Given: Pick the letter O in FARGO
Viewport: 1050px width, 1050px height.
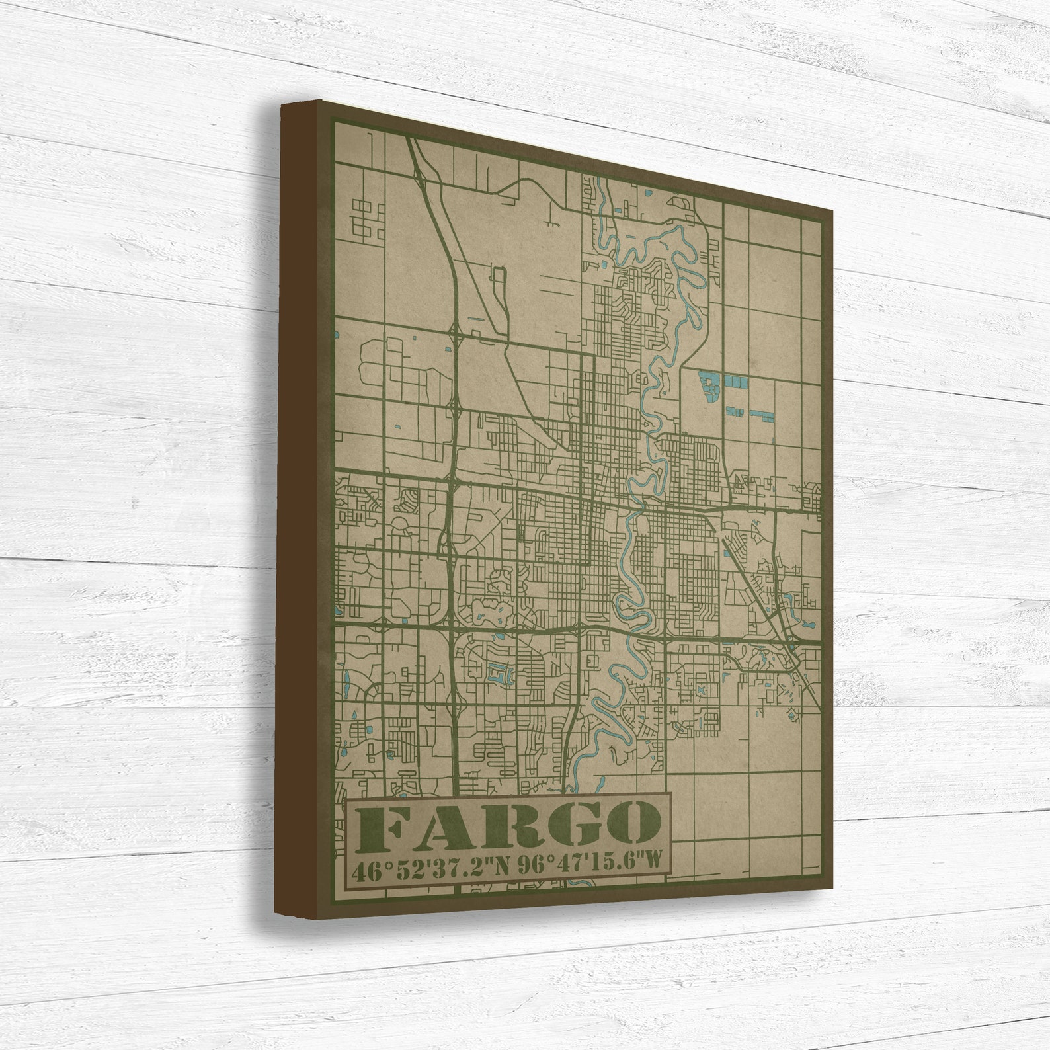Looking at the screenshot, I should (624, 826).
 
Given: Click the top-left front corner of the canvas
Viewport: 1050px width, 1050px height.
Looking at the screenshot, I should (322, 101).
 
